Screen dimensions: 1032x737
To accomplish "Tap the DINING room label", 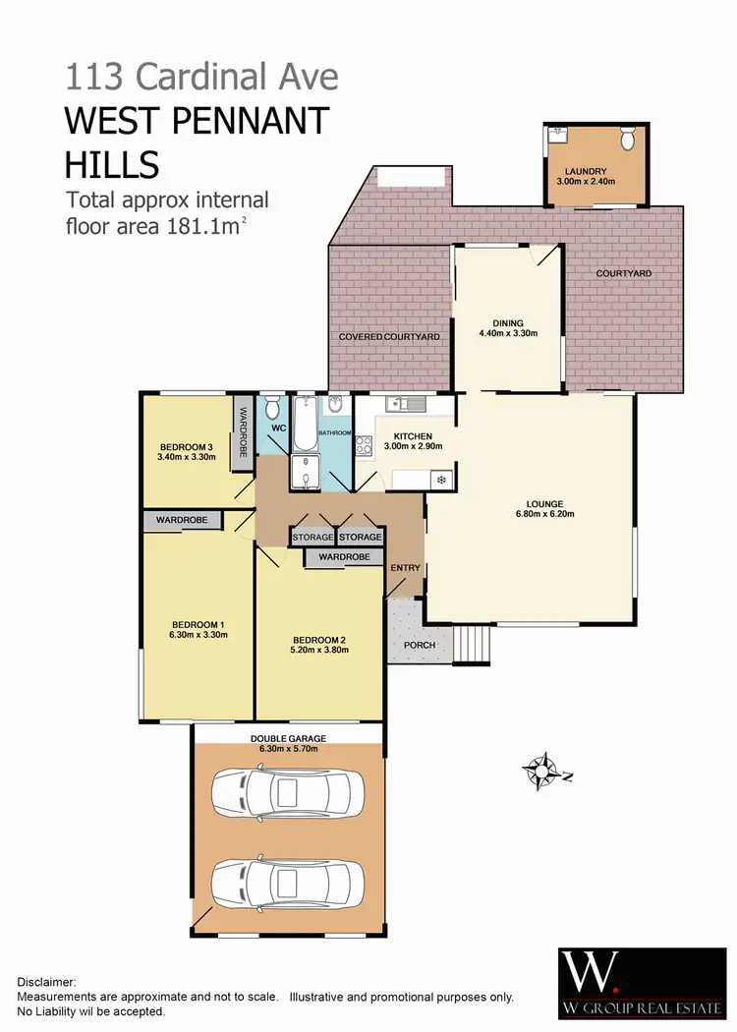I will click(509, 322).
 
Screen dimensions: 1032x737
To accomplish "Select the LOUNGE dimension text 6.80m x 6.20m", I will click(543, 514).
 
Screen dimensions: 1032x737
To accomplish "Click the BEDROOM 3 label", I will click(186, 444).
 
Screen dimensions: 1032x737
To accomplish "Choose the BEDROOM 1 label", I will click(198, 624).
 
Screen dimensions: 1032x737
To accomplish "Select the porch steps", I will click(473, 644).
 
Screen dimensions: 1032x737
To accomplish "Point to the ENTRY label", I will click(405, 568).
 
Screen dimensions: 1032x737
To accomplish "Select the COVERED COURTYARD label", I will click(389, 337).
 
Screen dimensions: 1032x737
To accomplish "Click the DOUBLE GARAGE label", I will click(288, 738).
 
